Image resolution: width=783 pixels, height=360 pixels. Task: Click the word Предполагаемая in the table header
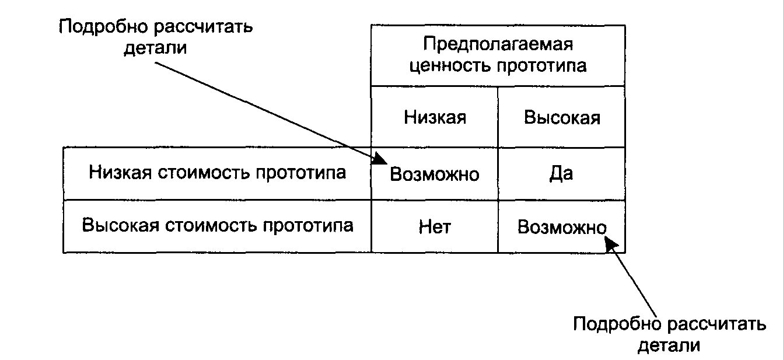(498, 44)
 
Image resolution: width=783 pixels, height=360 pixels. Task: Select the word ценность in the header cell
(450, 66)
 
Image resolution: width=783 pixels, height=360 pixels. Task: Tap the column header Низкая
(435, 117)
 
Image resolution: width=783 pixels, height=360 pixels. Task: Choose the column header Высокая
(562, 117)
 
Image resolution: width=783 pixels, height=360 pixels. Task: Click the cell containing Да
(561, 174)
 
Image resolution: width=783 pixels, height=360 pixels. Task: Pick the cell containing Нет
(435, 227)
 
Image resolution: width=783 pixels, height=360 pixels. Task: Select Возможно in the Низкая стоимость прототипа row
(434, 174)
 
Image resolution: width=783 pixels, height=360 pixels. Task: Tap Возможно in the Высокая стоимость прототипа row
(562, 227)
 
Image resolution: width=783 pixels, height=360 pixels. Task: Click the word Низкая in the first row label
(120, 172)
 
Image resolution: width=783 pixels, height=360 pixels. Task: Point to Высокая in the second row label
(121, 225)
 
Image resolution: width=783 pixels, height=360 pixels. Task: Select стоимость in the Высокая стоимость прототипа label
(211, 225)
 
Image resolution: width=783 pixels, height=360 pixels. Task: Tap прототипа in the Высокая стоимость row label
(308, 226)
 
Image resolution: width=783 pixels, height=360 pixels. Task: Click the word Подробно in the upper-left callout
(104, 27)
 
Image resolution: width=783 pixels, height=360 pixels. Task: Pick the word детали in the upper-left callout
(156, 48)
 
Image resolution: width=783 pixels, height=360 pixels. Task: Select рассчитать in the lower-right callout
(717, 324)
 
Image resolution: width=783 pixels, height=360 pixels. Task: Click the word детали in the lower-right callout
(669, 345)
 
